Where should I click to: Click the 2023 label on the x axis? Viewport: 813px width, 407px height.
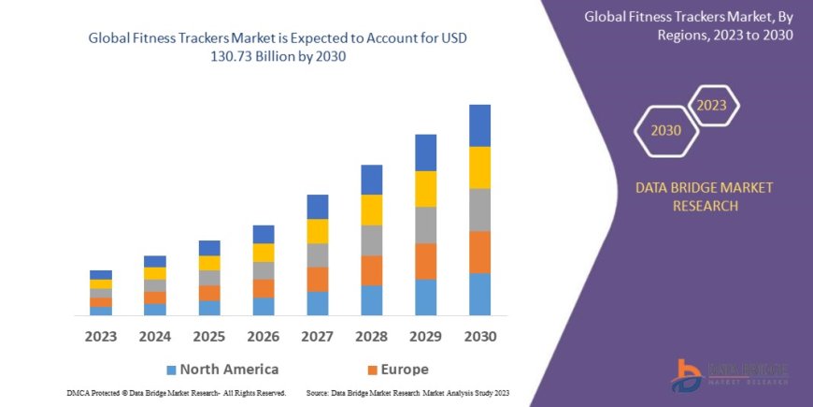point(100,335)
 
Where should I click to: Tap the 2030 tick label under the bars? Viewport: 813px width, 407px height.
point(479,335)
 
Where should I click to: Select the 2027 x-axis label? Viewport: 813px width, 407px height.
point(317,335)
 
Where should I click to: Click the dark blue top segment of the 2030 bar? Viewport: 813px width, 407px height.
point(479,125)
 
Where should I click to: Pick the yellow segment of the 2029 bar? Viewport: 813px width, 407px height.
point(425,189)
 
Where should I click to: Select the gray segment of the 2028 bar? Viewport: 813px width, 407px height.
point(371,240)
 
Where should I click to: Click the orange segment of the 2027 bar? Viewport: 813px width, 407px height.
point(317,279)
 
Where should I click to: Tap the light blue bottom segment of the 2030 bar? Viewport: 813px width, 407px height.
point(479,294)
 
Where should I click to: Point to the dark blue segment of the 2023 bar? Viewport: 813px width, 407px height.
point(100,275)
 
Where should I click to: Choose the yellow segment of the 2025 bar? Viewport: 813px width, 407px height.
point(208,263)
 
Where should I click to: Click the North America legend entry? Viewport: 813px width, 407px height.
point(229,369)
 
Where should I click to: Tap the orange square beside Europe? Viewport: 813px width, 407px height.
point(372,370)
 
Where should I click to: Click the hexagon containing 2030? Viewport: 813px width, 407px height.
point(666,130)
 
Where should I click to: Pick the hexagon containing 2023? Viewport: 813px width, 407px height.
point(711,105)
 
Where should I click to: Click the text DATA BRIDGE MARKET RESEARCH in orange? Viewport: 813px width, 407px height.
point(705,196)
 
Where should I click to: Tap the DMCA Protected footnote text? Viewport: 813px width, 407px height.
point(177,393)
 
